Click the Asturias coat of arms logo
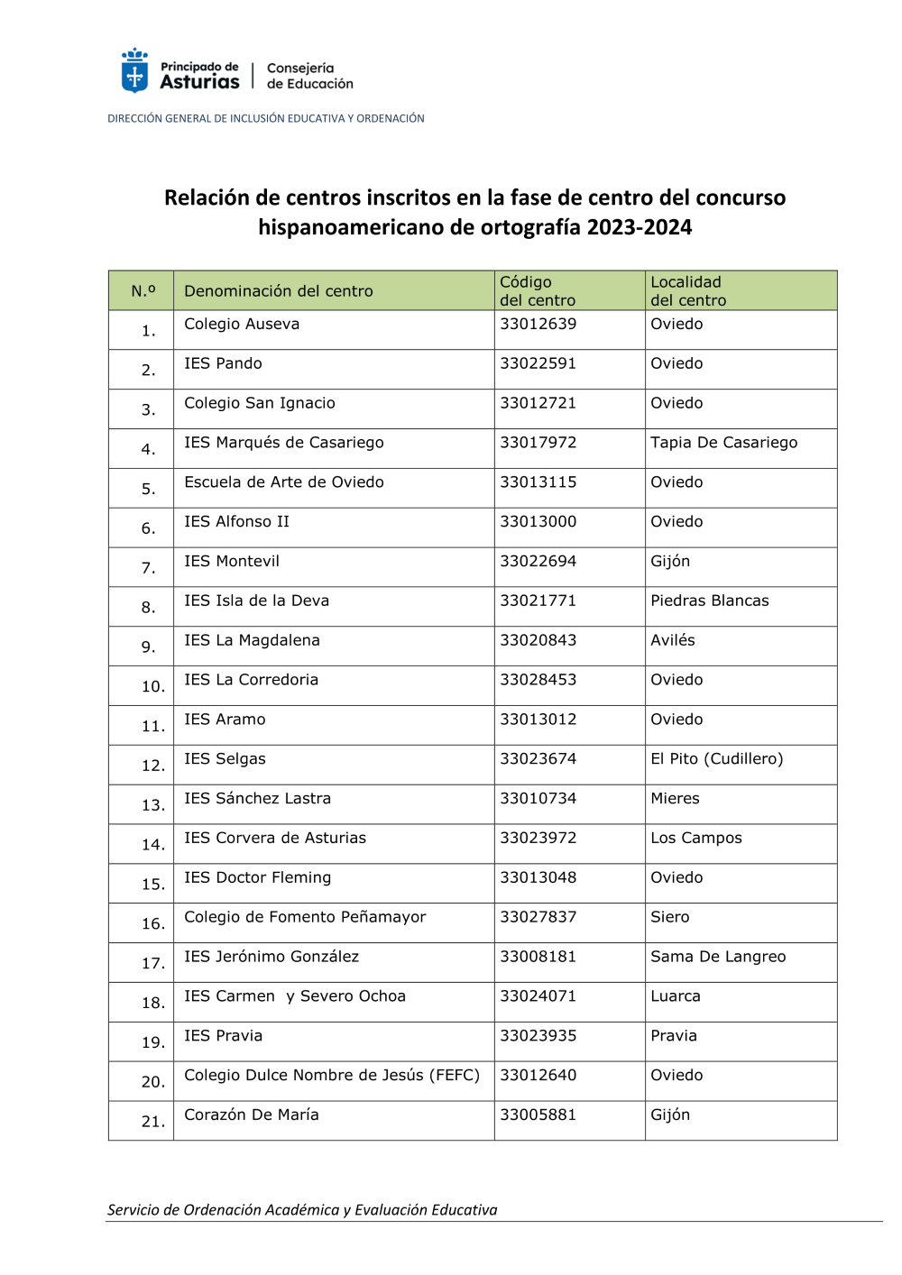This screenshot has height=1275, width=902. (x=134, y=70)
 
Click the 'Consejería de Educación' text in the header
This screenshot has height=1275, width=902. (x=309, y=76)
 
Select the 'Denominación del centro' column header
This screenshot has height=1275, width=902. (x=278, y=291)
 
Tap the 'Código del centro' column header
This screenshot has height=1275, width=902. (x=538, y=291)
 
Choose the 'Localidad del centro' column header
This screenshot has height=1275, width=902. (x=687, y=291)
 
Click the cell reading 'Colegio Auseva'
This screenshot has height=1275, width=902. (x=242, y=325)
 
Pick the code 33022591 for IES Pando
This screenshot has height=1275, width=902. (x=538, y=364)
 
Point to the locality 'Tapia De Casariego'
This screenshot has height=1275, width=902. (x=723, y=443)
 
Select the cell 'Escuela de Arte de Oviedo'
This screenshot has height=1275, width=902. (x=283, y=482)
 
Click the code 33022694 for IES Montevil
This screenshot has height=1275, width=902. (x=538, y=562)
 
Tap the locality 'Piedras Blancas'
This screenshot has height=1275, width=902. (x=709, y=601)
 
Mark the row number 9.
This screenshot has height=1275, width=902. (x=148, y=647)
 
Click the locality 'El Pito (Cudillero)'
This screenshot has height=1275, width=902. (x=716, y=759)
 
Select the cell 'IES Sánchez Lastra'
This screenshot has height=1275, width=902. (x=257, y=799)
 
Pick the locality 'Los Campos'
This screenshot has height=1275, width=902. (x=695, y=839)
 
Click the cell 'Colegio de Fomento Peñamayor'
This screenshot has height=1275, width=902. (x=305, y=917)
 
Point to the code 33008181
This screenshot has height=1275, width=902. (x=538, y=957)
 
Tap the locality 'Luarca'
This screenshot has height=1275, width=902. (x=675, y=996)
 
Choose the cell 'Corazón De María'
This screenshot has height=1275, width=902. (x=251, y=1115)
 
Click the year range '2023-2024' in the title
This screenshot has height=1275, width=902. (x=639, y=227)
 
